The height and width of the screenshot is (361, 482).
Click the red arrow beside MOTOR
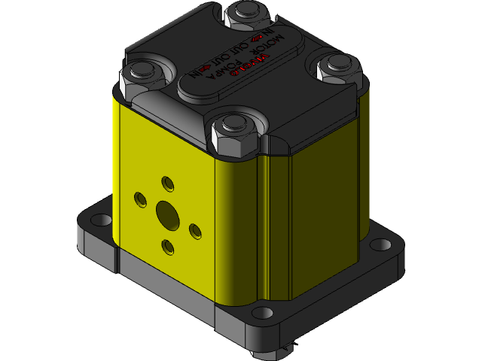[256, 38]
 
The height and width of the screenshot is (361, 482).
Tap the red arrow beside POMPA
[205, 68]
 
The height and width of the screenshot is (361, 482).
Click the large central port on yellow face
[167, 214]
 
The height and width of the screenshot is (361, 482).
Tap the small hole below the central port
[168, 246]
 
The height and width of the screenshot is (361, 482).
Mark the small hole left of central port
[140, 199]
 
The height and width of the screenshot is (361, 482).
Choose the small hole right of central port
[194, 230]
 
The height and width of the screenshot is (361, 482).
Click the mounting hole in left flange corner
[99, 220]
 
